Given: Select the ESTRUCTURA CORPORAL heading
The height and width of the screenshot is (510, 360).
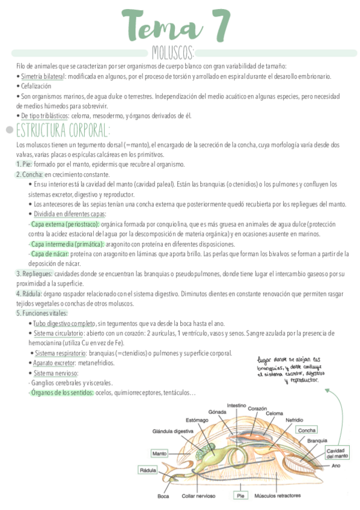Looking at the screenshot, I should click(63, 130).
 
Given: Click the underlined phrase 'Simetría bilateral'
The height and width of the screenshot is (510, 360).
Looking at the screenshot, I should click(43, 77).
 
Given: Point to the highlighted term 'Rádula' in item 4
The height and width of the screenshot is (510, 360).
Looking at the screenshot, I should click(29, 293).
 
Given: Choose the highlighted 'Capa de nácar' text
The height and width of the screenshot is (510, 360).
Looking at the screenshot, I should click(49, 254).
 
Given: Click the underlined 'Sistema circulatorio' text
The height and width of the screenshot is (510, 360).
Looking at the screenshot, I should click(58, 333).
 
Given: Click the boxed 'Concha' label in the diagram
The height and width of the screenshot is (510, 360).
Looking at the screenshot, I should click(307, 431).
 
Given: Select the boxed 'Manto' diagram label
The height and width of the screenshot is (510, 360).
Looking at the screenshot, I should click(159, 453).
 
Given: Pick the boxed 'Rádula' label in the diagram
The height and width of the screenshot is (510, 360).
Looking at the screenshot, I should click(147, 470).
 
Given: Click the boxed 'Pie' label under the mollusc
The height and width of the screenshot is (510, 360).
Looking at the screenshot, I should click(240, 496).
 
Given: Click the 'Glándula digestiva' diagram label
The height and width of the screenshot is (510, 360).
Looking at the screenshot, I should click(172, 431).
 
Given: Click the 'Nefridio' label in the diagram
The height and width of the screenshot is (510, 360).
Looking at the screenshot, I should click(294, 419).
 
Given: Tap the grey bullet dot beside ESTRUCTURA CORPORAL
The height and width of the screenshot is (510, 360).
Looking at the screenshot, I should click(9, 130).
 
